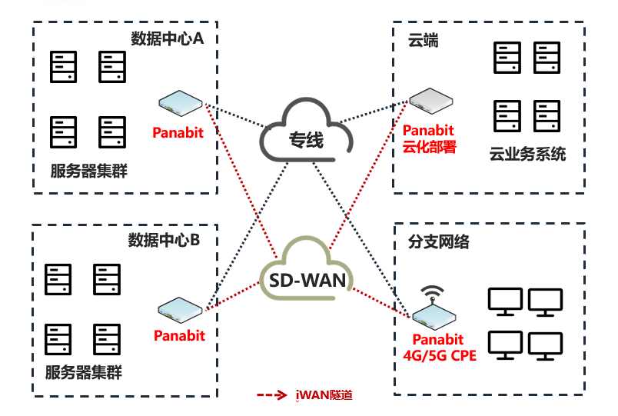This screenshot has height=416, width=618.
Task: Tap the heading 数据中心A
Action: [167, 39]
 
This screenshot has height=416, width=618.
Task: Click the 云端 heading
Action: [423, 41]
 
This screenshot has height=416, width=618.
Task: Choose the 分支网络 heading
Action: [438, 242]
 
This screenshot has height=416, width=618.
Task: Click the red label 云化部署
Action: [430, 146]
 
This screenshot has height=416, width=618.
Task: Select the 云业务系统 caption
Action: [527, 155]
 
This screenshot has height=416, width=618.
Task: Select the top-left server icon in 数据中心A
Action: [63, 67]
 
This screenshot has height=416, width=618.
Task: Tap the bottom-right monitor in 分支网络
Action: [546, 346]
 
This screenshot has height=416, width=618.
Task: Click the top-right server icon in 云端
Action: [547, 58]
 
